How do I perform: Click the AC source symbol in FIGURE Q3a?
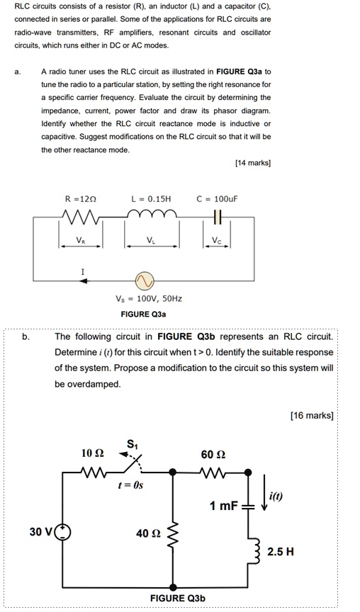coord(144,281)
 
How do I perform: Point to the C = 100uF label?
coord(218,199)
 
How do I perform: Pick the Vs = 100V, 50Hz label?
coord(144,299)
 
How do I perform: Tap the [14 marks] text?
coord(252,163)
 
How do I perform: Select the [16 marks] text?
coord(312,415)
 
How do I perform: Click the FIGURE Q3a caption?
coord(144,314)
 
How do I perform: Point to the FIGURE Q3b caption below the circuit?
coord(178,599)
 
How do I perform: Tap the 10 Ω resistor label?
coord(92,452)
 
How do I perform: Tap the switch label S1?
coord(132,444)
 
